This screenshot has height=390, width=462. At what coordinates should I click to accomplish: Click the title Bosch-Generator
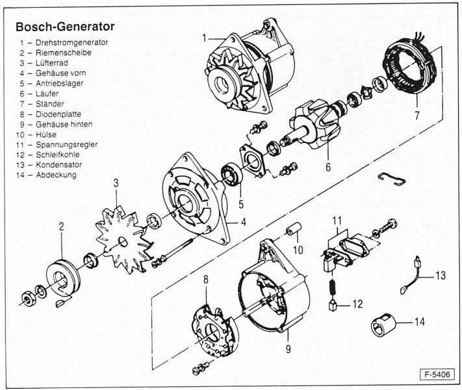[x=64, y=27]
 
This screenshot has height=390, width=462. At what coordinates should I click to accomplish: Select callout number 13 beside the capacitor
[x=441, y=276]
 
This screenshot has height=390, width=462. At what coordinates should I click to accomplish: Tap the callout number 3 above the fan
[x=116, y=183]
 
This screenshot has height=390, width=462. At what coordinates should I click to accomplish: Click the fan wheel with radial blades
[x=123, y=237]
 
